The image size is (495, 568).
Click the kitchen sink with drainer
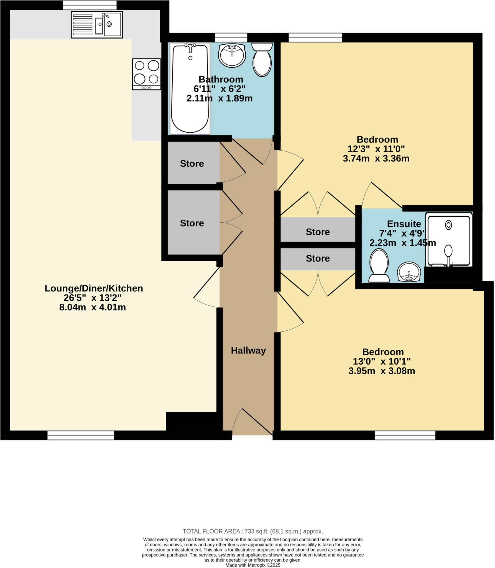(x=97, y=25)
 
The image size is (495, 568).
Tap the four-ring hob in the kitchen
(x=146, y=74)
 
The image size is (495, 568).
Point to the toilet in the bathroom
(x=262, y=60)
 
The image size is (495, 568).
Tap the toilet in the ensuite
(x=379, y=265)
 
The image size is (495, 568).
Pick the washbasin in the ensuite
(x=409, y=272)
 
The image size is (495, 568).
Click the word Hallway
(x=248, y=350)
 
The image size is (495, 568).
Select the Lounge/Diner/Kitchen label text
(x=94, y=288)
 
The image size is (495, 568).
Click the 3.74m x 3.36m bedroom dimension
(x=376, y=158)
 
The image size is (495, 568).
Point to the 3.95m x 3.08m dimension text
(x=381, y=371)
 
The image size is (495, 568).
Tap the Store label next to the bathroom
(x=192, y=164)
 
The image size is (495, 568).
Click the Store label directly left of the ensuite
(x=318, y=232)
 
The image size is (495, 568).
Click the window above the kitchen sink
(x=90, y=5)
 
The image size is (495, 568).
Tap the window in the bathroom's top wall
(x=231, y=37)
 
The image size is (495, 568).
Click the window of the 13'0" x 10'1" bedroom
(x=405, y=435)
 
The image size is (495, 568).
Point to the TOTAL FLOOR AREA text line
(x=252, y=531)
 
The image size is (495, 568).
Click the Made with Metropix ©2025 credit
(x=252, y=565)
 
